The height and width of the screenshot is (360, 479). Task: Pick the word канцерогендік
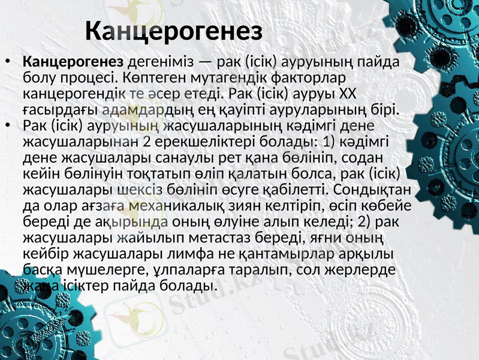[74, 94]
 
